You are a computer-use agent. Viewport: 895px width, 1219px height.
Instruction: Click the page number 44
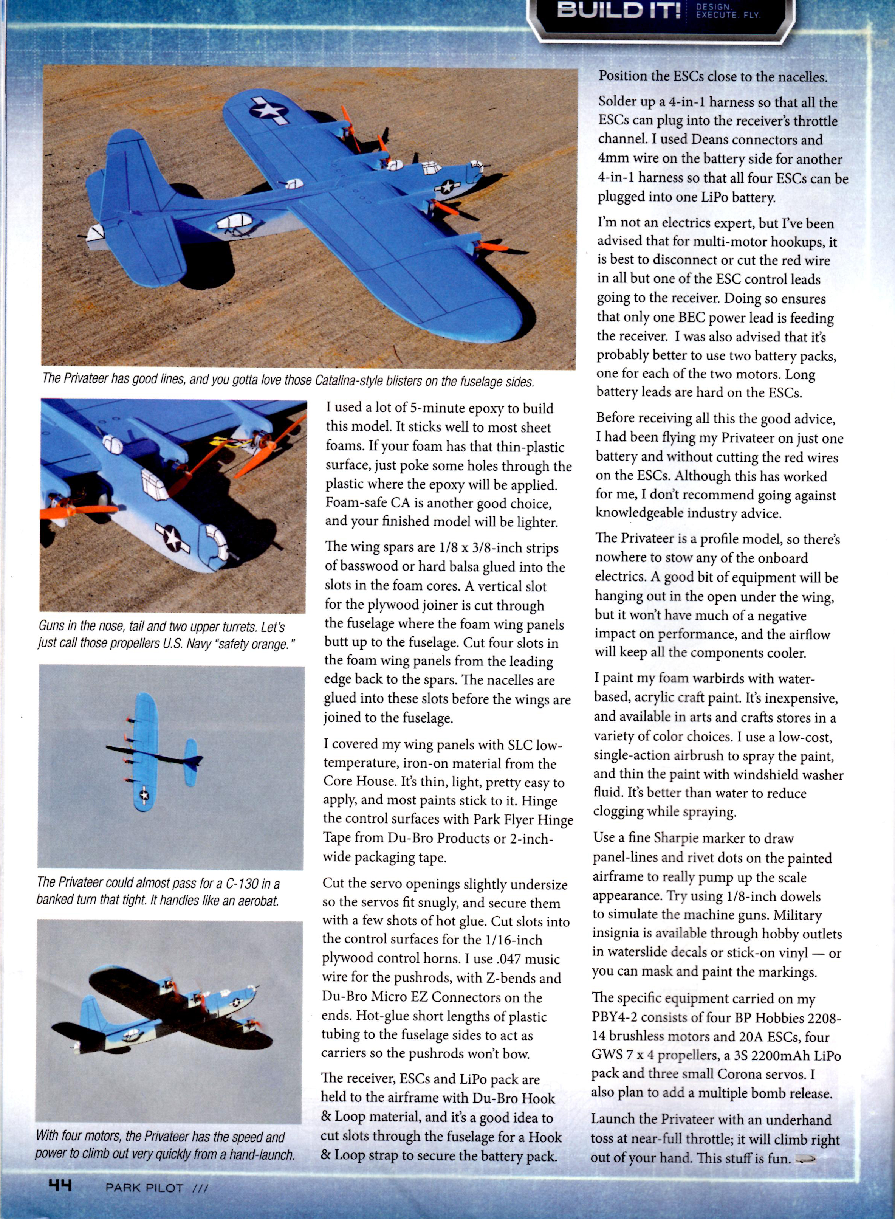(60, 1186)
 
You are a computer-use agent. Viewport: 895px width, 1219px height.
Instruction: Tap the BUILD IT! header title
(619, 11)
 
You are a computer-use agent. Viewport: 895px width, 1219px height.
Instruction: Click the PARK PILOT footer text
(145, 1188)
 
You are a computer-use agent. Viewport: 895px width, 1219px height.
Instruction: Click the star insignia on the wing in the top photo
(269, 110)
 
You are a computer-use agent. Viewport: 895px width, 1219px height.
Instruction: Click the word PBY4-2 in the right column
(616, 1018)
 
